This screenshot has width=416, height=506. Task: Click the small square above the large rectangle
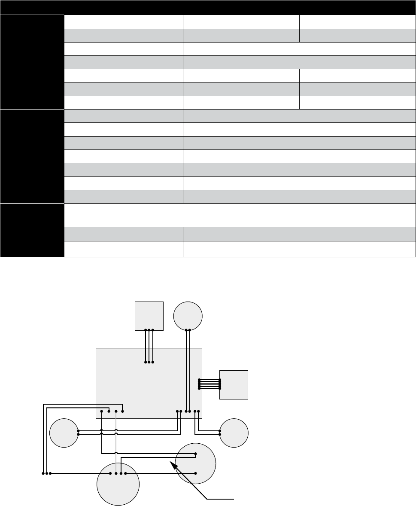(x=149, y=315)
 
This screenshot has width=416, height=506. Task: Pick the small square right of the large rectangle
(x=234, y=384)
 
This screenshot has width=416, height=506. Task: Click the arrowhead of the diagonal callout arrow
(x=173, y=463)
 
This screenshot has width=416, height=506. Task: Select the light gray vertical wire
(x=116, y=442)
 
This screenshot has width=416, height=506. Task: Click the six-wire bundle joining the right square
(x=210, y=384)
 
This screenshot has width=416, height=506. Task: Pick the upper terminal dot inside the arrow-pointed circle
(x=196, y=454)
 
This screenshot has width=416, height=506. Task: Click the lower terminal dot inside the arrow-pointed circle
(x=196, y=473)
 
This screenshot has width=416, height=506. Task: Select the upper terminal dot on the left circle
(x=78, y=430)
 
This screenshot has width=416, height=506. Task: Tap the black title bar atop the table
(x=208, y=7)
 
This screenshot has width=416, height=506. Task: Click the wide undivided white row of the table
(x=240, y=214)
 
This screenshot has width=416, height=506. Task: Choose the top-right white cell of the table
(x=357, y=22)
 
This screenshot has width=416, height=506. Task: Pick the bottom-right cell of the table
(x=299, y=250)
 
